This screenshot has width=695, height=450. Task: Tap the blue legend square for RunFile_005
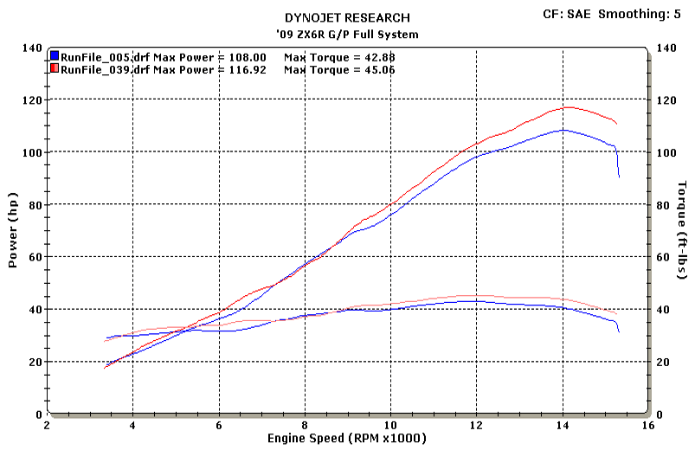[x=55, y=56]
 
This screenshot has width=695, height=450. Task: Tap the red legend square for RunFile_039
[x=55, y=68]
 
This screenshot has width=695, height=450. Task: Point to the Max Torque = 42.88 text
[x=339, y=56]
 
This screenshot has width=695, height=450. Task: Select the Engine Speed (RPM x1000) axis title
[x=347, y=439]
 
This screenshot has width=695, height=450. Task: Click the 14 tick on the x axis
[x=563, y=425]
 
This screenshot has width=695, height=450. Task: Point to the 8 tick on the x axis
[x=305, y=425]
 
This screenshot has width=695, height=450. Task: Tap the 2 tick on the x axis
[x=47, y=425]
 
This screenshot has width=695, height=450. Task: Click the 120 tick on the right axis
[x=666, y=100]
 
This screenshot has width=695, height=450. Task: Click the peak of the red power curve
[x=568, y=107]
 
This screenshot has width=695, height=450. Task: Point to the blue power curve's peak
[x=563, y=130]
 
